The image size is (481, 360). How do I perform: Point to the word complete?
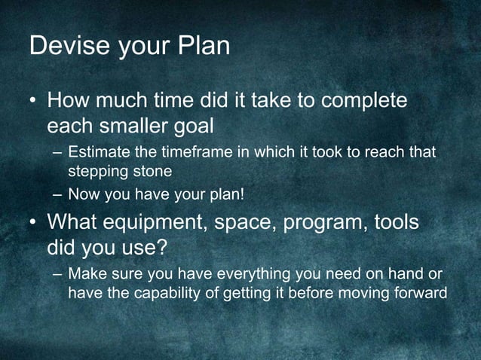coord(356,101)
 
